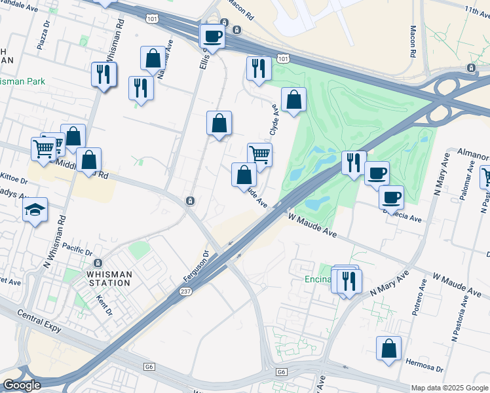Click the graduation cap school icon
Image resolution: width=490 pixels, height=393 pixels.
click(x=35, y=210)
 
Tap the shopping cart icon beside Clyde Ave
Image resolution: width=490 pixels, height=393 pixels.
click(x=259, y=155)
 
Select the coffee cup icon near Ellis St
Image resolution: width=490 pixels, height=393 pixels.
click(x=212, y=35)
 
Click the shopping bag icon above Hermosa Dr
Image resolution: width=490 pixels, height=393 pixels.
click(x=388, y=348)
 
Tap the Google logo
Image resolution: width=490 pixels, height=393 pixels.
click(x=22, y=385)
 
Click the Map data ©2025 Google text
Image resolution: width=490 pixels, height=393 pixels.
click(x=449, y=388)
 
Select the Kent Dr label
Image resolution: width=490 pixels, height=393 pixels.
click(x=104, y=305)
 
